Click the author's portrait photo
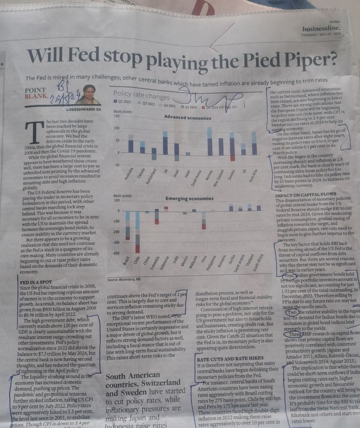pos(88,95)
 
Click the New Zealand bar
pos(221,147)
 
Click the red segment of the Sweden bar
pos(232,158)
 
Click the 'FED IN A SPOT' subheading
pos(35,282)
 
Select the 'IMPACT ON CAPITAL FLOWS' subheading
pos(305,195)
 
